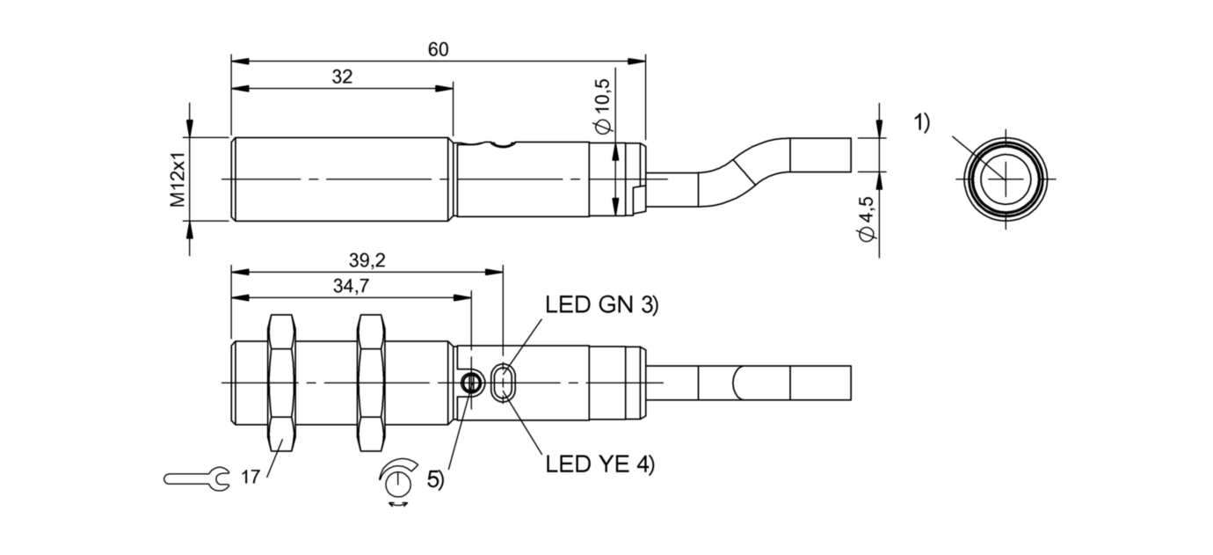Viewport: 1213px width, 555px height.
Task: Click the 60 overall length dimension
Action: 438,50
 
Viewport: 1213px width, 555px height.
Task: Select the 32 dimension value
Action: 342,77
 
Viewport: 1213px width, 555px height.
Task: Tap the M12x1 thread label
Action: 179,179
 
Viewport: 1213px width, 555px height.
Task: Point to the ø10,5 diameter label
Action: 603,104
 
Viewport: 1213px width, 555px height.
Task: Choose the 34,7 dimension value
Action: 350,285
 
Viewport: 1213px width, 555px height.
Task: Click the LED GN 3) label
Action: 601,305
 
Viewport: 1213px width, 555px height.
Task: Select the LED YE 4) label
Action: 600,465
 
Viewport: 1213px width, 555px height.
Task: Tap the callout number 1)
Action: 920,123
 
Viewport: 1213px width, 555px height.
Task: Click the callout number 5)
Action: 435,480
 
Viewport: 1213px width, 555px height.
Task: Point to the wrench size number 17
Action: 250,478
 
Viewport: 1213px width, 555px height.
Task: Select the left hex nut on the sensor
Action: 281,383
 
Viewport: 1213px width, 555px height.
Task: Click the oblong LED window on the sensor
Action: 504,383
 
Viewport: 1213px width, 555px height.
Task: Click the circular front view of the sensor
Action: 1005,179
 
